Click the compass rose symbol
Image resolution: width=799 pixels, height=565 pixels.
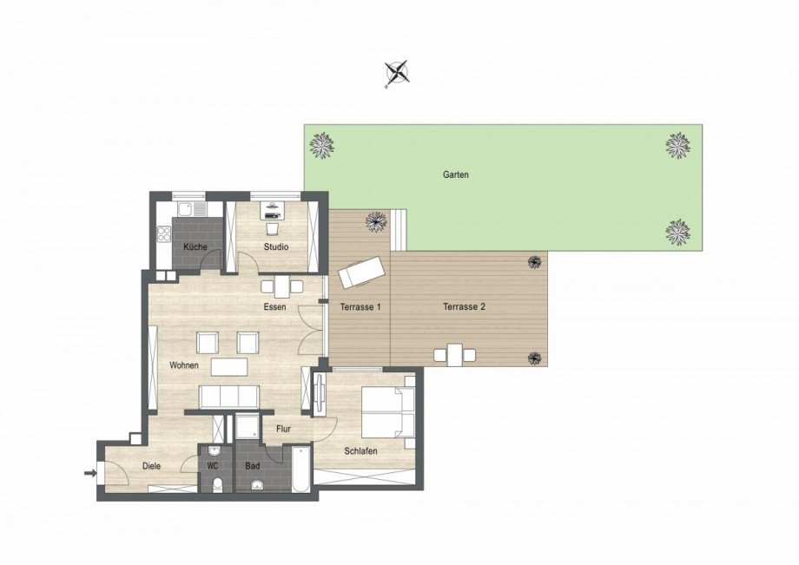click(x=397, y=74)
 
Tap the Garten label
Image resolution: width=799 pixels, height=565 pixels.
click(x=456, y=174)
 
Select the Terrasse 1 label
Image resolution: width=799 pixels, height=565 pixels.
click(x=359, y=306)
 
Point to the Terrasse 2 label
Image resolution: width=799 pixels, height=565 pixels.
click(x=464, y=306)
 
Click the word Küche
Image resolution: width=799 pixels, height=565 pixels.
click(x=195, y=247)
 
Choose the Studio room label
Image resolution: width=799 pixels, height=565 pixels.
click(x=276, y=247)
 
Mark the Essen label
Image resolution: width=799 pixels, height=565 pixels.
click(x=275, y=306)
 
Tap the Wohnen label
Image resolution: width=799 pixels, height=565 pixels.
click(x=185, y=365)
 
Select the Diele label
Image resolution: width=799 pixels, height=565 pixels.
click(x=152, y=466)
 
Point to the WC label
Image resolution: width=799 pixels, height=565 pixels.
click(x=213, y=466)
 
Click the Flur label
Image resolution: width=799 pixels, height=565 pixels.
click(x=283, y=428)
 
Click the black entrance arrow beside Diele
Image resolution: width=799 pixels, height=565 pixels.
click(x=89, y=473)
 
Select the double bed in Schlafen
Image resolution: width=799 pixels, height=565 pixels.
click(x=388, y=411)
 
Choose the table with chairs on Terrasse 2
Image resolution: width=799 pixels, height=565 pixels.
click(x=455, y=354)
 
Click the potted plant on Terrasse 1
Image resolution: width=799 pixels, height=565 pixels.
click(x=376, y=221)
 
